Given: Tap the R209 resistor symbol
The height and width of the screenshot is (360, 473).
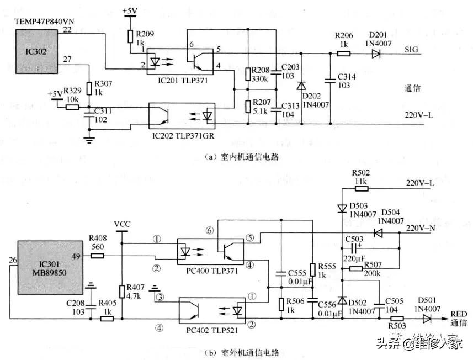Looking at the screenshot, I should (x=130, y=36).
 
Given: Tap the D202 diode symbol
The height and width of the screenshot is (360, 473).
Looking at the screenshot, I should (x=301, y=86).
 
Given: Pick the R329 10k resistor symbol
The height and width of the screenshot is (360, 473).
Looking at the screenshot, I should (x=72, y=107).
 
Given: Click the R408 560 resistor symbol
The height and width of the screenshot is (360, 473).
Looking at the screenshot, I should (x=97, y=256).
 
